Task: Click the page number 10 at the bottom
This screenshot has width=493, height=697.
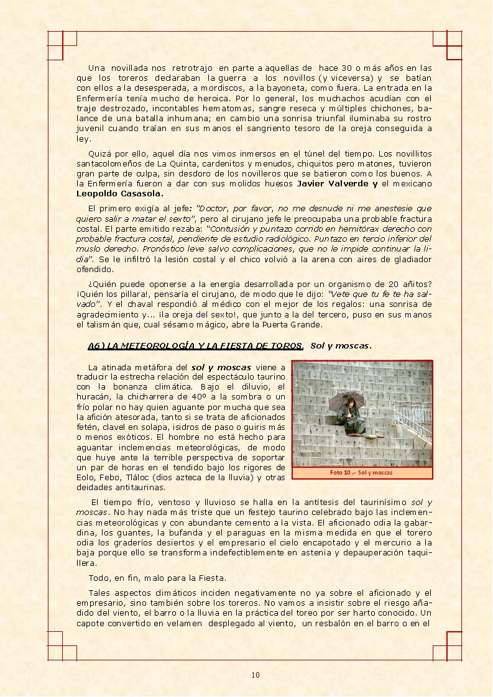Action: pos(256,675)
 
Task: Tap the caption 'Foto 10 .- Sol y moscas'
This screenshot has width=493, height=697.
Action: pos(361,472)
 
